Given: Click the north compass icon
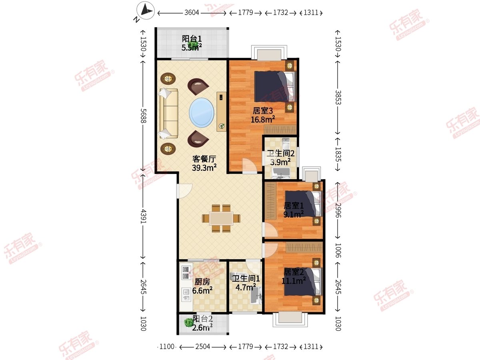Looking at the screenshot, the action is click(x=146, y=10).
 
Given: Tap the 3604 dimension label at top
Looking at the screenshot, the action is click(x=192, y=13).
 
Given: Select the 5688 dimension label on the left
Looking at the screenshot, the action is click(x=143, y=116).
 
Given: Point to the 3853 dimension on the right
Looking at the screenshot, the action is click(x=338, y=98).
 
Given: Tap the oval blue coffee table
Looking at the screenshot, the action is click(x=202, y=112).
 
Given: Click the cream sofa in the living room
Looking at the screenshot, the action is click(x=168, y=114).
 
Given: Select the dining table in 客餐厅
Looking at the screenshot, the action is click(x=221, y=218).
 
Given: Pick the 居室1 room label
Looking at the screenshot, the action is click(x=294, y=206).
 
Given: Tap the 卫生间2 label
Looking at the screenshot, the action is click(x=280, y=153).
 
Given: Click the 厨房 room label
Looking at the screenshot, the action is click(x=202, y=282).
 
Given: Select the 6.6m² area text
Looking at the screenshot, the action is click(x=202, y=290).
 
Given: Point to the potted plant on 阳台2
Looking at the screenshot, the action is click(x=188, y=322).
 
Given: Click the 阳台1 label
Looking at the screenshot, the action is click(x=192, y=39).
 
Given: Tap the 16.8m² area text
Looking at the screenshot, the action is click(x=263, y=120).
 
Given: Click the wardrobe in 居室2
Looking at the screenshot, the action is click(x=304, y=247).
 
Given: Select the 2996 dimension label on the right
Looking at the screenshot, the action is click(x=338, y=210).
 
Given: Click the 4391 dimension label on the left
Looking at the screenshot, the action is click(x=143, y=216).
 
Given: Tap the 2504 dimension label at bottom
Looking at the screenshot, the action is click(x=202, y=347).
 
